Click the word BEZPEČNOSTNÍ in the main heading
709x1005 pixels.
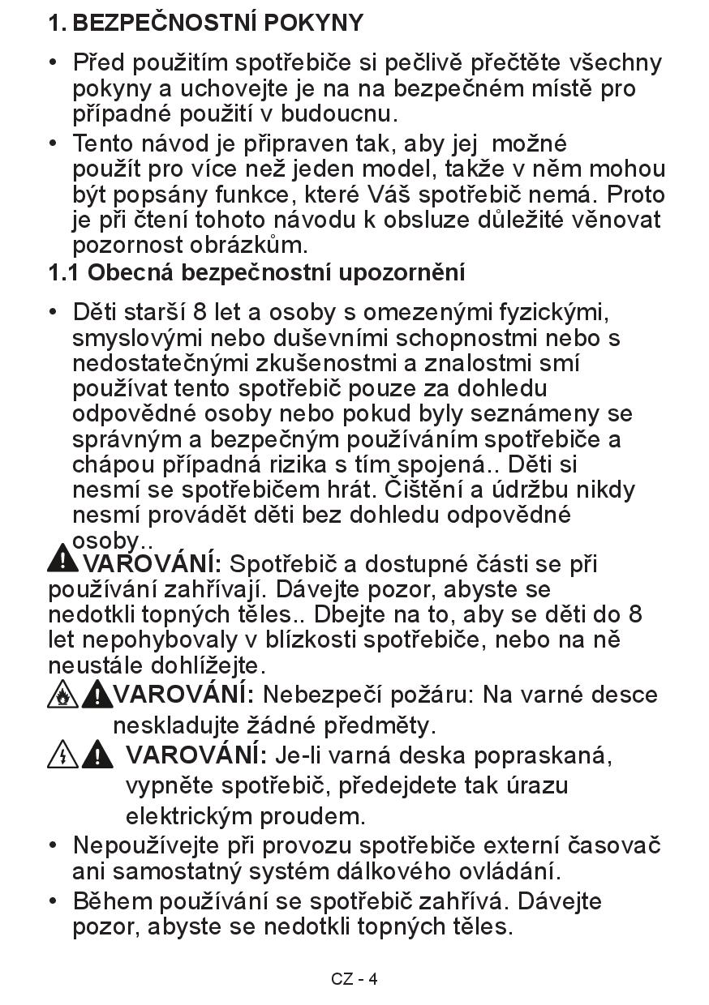(164, 23)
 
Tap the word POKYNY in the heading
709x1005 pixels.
(312, 23)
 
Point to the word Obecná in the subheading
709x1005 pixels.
(131, 273)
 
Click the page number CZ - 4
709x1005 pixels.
(354, 979)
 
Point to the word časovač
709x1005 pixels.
(614, 845)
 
